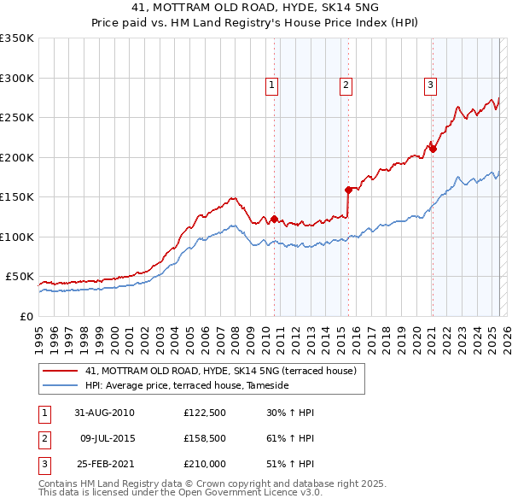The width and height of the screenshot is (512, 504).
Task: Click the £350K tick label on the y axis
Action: coord(17,38)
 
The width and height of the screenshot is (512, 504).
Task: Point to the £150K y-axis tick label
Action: coord(17,197)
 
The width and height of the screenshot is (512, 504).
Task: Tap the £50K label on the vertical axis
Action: coord(20,277)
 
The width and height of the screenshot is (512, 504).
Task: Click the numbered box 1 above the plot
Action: coord(271,85)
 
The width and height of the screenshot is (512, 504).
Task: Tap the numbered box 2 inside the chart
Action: coord(346,85)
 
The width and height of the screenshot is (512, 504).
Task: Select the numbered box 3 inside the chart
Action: coord(431,85)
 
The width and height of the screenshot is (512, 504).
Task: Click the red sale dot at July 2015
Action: coord(348,190)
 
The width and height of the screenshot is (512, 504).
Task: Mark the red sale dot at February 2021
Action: coord(433,149)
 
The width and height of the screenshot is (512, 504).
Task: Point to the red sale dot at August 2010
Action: coord(275,219)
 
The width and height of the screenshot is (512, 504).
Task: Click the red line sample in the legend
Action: coord(61,371)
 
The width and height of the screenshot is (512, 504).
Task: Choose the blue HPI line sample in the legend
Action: coord(61,385)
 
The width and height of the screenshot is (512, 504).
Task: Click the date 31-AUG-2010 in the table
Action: coord(104,413)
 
